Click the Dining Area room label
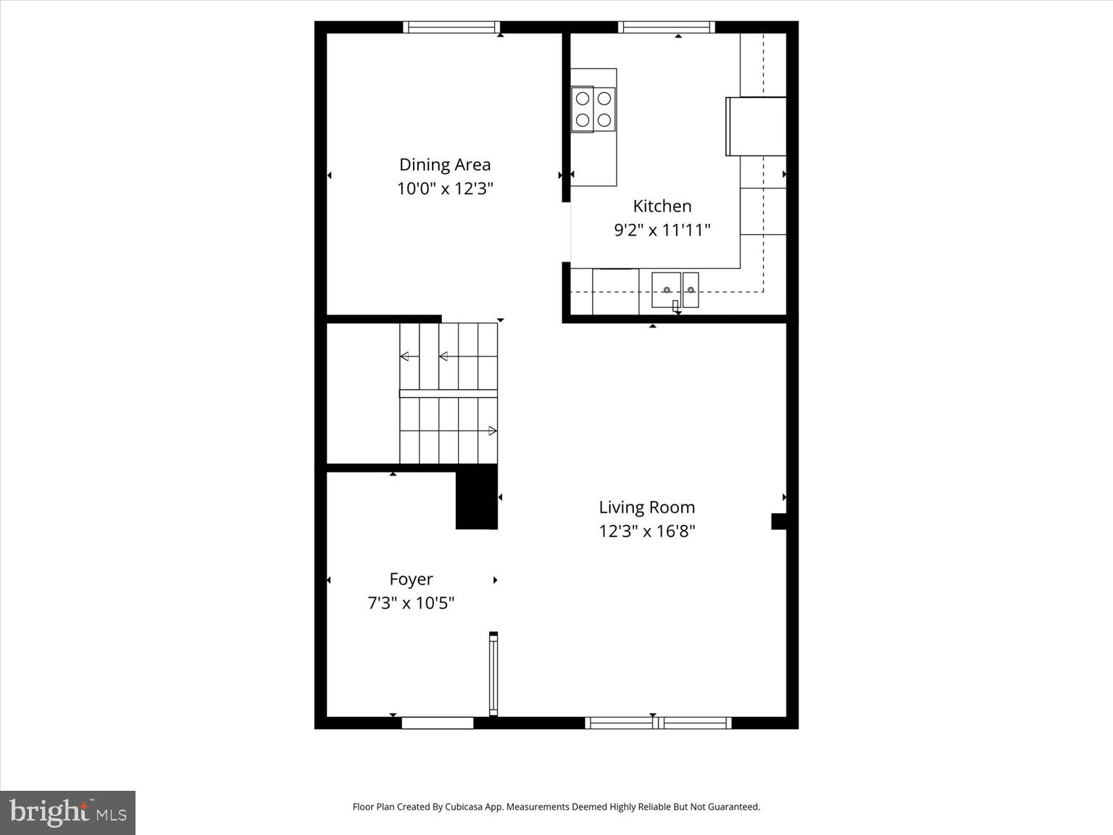445,165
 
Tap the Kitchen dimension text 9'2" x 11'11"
662,230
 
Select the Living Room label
646,507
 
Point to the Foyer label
411,579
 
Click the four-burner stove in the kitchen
593,109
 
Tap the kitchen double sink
675,290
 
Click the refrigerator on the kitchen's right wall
756,126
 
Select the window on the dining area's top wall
451,28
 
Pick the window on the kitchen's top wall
667,28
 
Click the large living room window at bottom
658,723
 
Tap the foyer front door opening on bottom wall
438,723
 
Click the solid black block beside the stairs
476,497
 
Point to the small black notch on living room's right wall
779,521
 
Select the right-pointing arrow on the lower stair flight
492,431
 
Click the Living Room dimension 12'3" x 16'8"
646,531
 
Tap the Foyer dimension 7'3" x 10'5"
411,603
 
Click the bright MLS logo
67,813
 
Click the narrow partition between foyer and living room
493,674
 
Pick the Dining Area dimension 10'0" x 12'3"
445,188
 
